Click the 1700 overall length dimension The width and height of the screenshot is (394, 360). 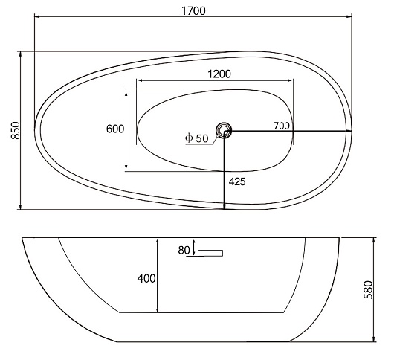click(x=193, y=11)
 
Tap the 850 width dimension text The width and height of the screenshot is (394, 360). click(x=16, y=130)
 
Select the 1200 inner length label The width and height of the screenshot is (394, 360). click(x=219, y=74)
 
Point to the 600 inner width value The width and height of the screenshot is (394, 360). click(x=115, y=129)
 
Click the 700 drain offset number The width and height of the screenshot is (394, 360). click(x=282, y=126)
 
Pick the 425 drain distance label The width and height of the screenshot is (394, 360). click(x=237, y=181)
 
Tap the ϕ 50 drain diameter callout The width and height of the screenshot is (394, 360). click(x=197, y=138)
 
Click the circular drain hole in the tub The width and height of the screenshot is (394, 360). click(x=223, y=130)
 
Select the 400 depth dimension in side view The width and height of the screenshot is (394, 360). click(x=146, y=278)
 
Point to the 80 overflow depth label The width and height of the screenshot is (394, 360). click(x=184, y=250)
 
